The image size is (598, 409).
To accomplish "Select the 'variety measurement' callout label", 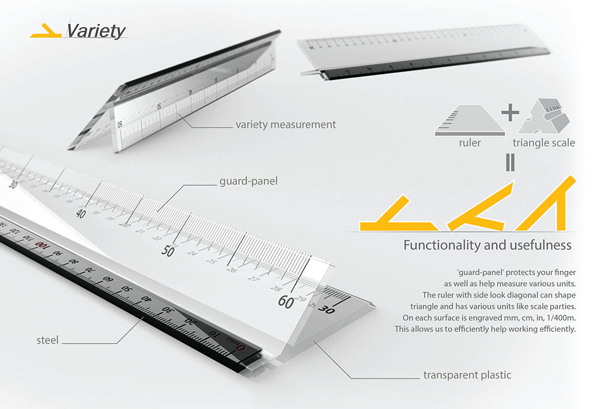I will tap(285, 124).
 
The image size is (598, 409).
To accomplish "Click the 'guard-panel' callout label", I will tap(248, 182).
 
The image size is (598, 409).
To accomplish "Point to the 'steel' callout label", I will tap(47, 340).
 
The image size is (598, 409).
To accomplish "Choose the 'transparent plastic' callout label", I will tap(467, 375).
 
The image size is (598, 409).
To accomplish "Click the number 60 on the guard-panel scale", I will tap(285, 302).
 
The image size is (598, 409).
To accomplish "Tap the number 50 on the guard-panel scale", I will tap(167, 251).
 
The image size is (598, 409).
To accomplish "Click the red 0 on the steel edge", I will tap(241, 347).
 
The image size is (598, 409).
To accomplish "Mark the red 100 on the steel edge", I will tap(42, 245).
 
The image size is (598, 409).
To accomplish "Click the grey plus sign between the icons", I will tap(510, 112).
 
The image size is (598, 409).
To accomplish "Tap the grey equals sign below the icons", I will tap(510, 163).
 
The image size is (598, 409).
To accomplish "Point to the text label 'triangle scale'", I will tap(543, 143).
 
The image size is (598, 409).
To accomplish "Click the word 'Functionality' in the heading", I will tap(441, 245).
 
